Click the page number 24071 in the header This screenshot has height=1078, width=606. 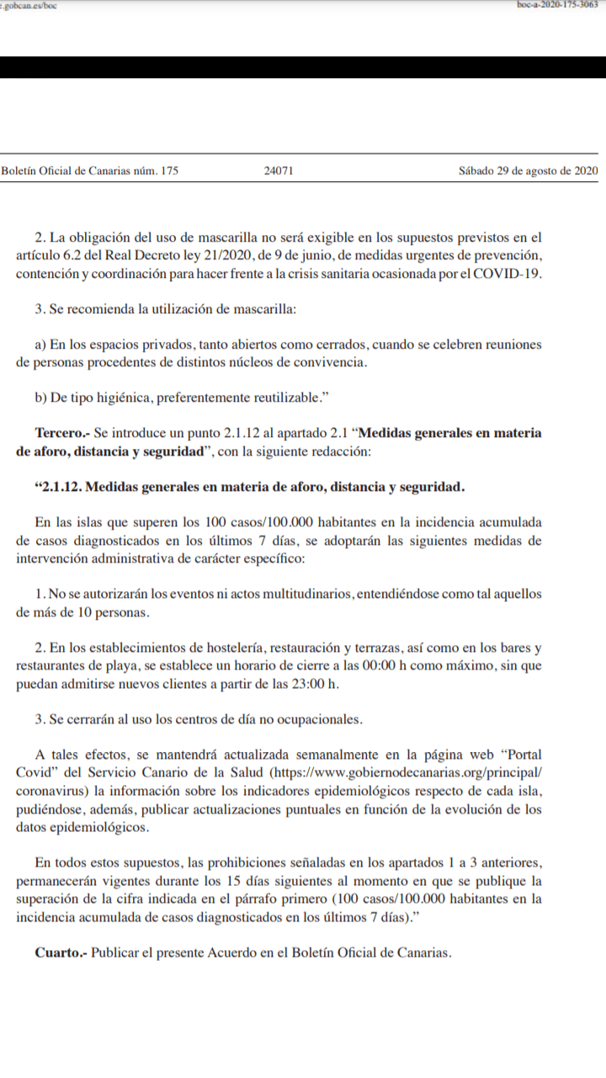click(278, 171)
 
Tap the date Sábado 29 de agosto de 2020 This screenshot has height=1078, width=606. click(528, 171)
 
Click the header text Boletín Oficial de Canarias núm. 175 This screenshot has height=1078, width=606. click(90, 171)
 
